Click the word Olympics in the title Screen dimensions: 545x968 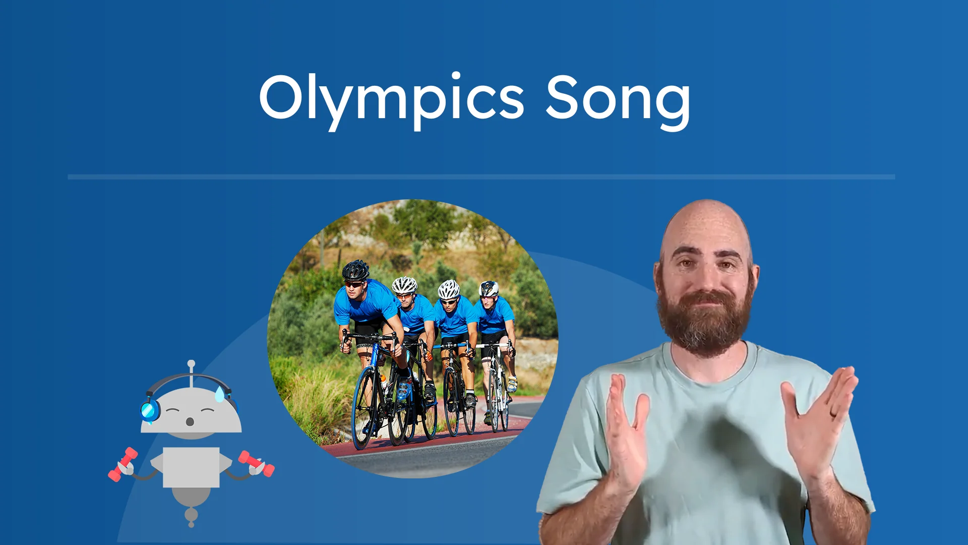coord(391,98)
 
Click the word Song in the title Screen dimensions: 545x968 coord(618,98)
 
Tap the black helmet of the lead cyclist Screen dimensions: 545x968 coord(355,270)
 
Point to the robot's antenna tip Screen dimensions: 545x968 coord(191,363)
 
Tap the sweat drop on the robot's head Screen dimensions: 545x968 coord(220,394)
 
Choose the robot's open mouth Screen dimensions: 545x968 coord(190,421)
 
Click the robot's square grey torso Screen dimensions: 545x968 coord(191,467)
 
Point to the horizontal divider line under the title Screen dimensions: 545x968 coord(481,177)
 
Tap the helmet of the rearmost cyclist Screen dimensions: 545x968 coord(489,289)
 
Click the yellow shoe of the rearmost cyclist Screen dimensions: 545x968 coord(512,385)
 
